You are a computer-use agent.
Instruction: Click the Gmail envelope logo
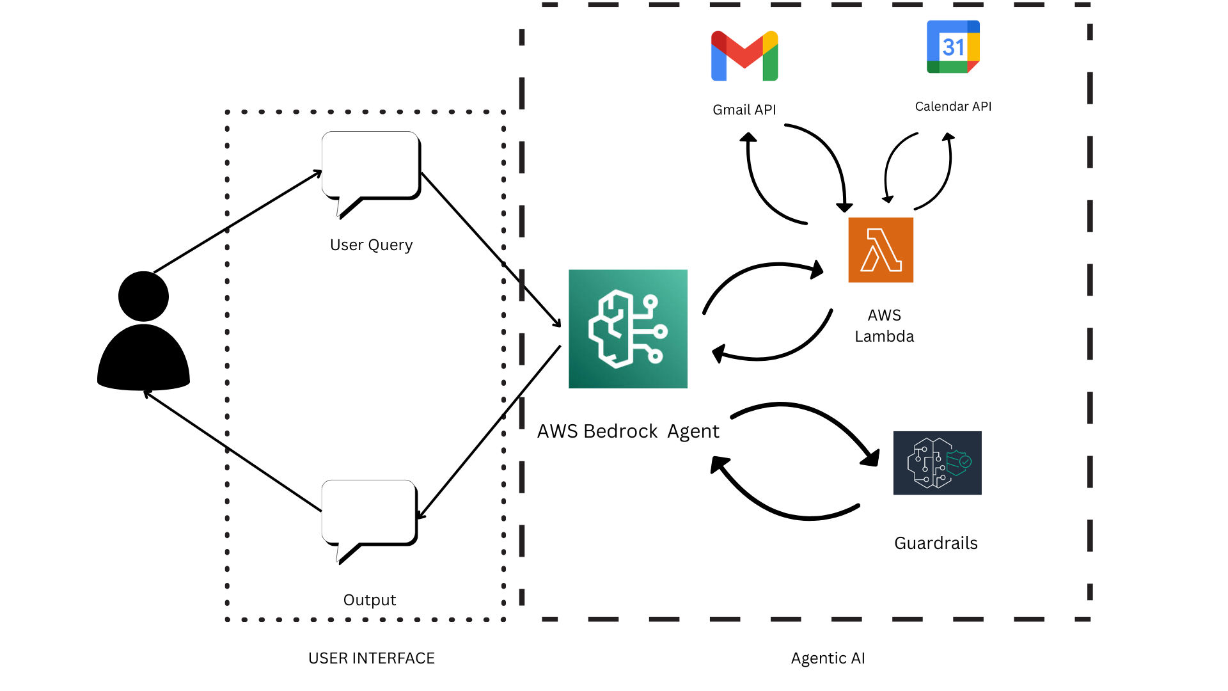744,56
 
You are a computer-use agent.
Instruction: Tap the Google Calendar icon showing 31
953,47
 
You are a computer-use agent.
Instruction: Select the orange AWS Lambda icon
881,250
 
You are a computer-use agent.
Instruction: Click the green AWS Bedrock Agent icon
628,329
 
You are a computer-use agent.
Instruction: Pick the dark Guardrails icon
937,463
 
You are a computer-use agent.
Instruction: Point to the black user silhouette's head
143,296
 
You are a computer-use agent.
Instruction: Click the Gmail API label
744,110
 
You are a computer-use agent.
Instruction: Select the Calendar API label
953,106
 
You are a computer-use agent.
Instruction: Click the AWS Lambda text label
885,326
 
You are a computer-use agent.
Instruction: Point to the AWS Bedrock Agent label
628,431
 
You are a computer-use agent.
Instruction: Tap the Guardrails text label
936,543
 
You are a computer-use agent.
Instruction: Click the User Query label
371,245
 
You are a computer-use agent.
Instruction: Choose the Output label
370,600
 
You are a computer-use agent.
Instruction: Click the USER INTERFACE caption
372,658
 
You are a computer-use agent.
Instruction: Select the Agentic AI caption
828,658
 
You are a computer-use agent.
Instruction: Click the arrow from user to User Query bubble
238,221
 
